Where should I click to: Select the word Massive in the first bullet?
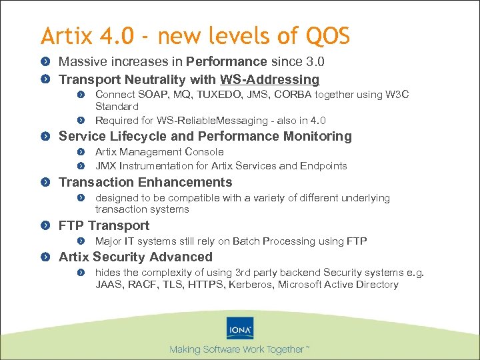coord(79,62)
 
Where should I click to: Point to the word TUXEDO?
coord(207,95)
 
